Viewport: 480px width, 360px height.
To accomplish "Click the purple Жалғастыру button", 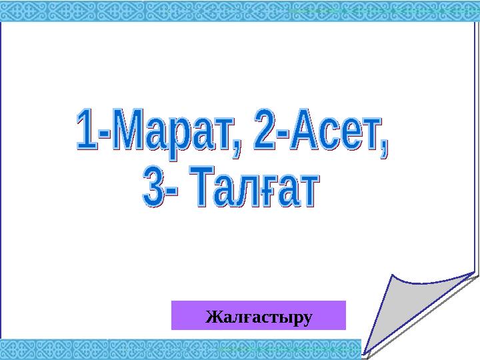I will (x=259, y=315).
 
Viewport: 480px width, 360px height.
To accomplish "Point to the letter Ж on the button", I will (x=212, y=315).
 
